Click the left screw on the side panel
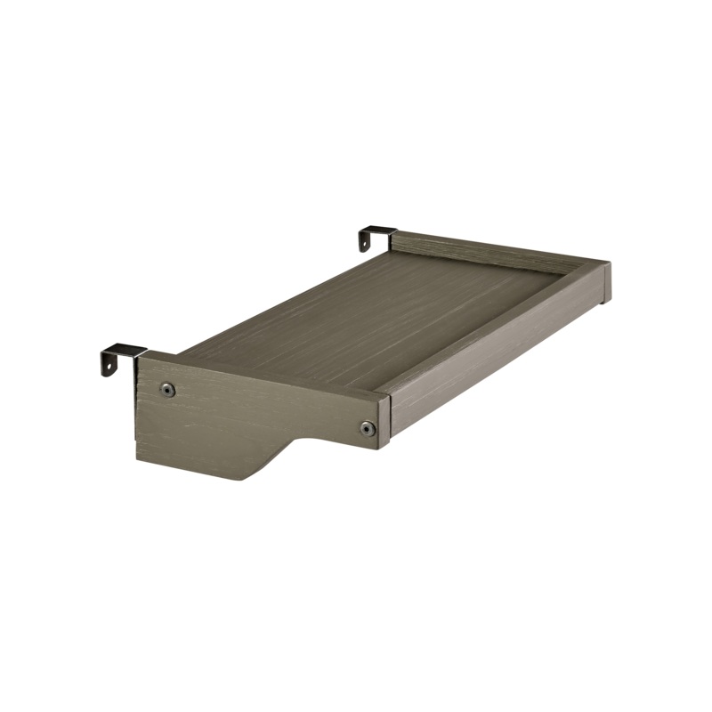click(x=167, y=389)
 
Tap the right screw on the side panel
click(x=368, y=429)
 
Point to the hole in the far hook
click(x=365, y=240)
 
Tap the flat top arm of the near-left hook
click(x=125, y=350)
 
